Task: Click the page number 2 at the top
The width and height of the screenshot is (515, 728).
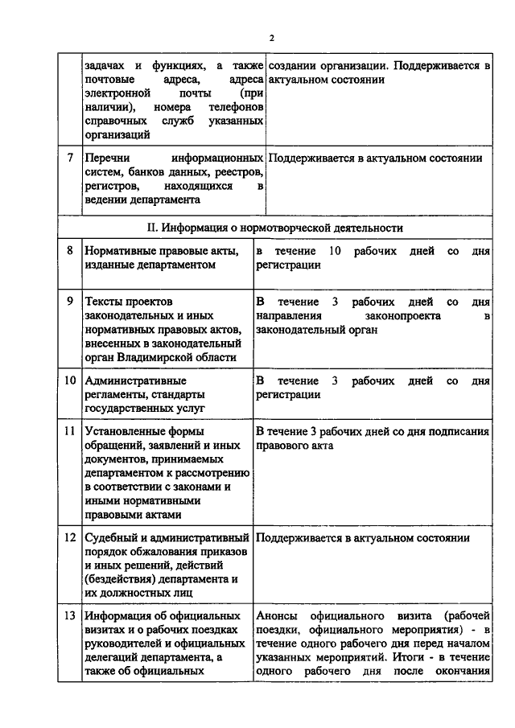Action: pos(272,38)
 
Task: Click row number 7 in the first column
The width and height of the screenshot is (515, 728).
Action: pos(71,158)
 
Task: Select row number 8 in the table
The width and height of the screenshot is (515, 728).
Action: pos(71,252)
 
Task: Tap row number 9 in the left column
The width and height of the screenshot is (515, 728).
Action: pos(71,302)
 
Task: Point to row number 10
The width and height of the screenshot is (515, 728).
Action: pos(70,380)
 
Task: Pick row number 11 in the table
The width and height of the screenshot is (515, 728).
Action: pos(70,432)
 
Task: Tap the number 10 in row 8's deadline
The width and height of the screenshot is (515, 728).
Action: pos(336,252)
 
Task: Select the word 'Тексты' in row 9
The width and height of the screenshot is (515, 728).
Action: pos(105,302)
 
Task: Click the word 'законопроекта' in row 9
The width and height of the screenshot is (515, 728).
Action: pos(398,317)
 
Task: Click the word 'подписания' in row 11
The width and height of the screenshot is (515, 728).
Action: pos(459,432)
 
